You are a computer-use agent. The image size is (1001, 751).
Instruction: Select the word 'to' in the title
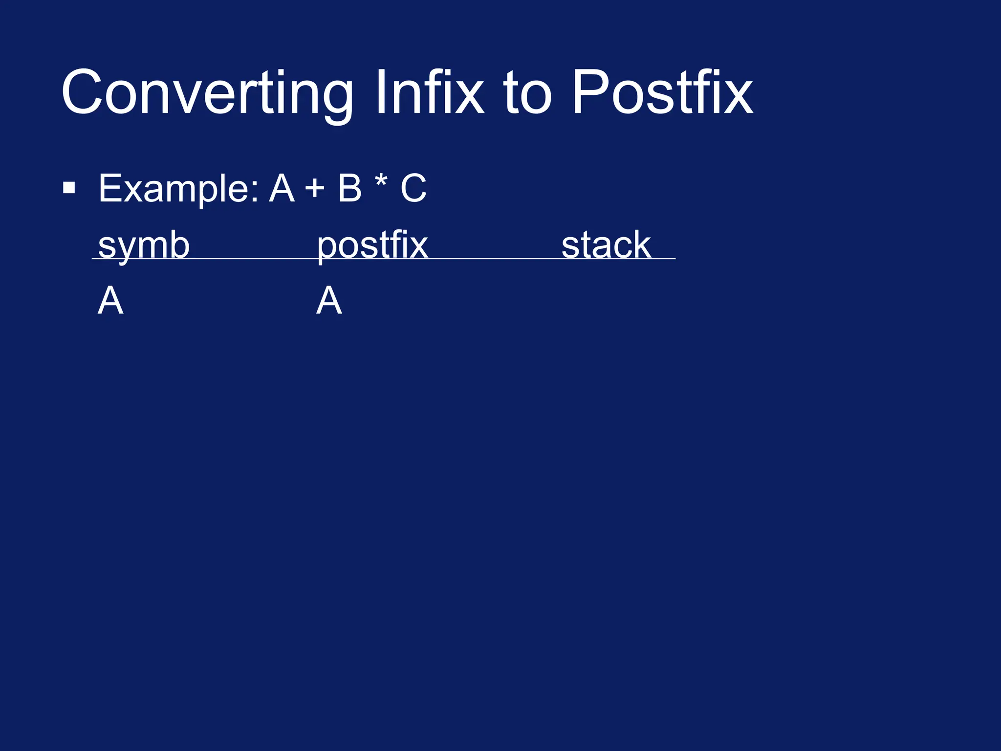click(x=528, y=93)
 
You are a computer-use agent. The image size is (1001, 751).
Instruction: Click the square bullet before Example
click(x=69, y=188)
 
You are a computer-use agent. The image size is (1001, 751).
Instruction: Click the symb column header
click(x=144, y=245)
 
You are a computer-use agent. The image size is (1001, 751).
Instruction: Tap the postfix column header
click(x=372, y=245)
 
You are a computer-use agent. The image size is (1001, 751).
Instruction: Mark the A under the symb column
click(x=110, y=301)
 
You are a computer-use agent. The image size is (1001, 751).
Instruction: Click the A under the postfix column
click(x=329, y=301)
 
